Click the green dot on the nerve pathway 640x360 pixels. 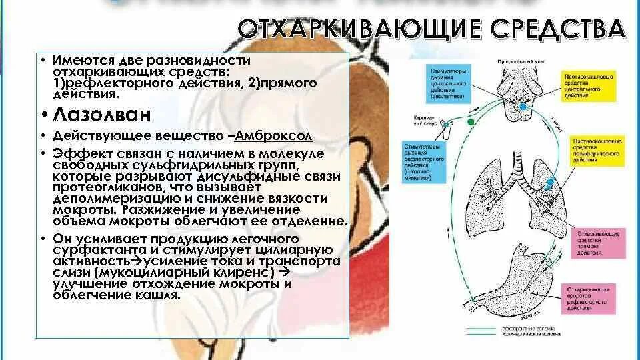coord(471,122)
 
